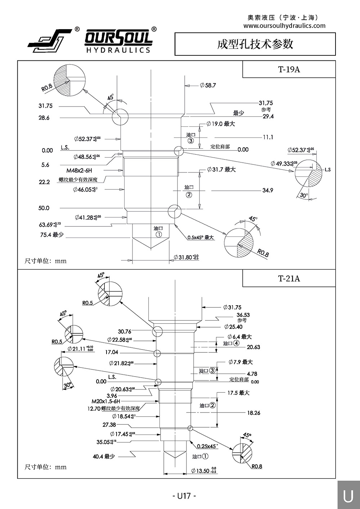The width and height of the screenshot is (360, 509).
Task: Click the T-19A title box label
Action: point(289,69)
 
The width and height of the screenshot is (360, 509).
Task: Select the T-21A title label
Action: point(289,278)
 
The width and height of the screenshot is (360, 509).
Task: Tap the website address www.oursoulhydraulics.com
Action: point(284,26)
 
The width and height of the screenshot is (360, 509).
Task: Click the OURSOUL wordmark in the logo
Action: point(118,37)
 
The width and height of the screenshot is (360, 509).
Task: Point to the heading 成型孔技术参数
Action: point(255,44)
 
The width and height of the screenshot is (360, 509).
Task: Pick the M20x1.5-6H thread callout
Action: point(106,401)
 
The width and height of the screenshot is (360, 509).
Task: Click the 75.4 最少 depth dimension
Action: point(52,235)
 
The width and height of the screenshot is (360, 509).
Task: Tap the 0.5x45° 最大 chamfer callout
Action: point(201,238)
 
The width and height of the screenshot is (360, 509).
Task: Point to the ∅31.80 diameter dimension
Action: point(186,257)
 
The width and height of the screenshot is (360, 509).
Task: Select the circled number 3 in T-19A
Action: point(191,141)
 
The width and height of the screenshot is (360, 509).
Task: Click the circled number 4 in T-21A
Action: point(236,343)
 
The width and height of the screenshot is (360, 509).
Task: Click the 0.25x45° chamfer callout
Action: point(207,446)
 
